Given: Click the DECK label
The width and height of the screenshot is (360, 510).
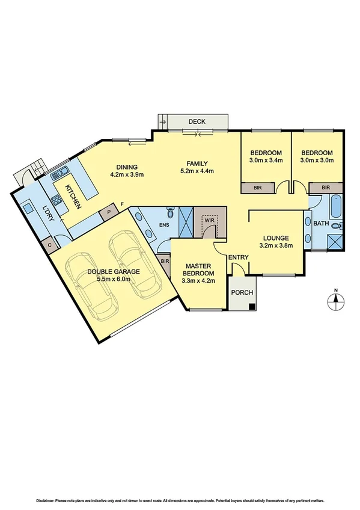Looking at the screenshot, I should click(x=197, y=121).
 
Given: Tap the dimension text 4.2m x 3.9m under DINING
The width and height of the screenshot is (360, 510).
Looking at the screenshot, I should click(x=128, y=175).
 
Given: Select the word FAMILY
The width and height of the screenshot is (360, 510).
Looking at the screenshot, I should click(x=197, y=163).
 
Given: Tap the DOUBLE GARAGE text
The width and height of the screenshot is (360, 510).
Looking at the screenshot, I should click(x=114, y=271).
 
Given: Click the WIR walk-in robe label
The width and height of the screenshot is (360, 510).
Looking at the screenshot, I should click(x=209, y=221).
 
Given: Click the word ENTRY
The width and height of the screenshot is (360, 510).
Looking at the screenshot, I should click(x=238, y=258).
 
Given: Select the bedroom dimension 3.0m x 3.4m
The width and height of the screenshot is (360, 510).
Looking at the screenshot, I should click(x=266, y=160).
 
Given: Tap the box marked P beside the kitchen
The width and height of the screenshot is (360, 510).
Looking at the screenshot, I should click(x=109, y=212).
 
